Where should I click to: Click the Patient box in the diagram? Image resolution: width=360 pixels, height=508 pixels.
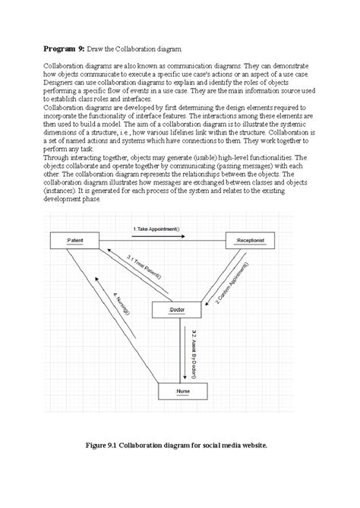[x=75, y=241]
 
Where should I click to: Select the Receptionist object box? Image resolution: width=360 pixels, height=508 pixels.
[x=250, y=241]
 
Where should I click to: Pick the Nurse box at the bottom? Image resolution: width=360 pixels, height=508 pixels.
[x=183, y=393]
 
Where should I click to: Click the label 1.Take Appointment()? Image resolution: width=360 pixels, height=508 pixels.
[x=162, y=229]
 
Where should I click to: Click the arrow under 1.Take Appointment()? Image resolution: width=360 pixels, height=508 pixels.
[x=160, y=236]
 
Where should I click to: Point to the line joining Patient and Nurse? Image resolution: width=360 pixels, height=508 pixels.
[x=114, y=319]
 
